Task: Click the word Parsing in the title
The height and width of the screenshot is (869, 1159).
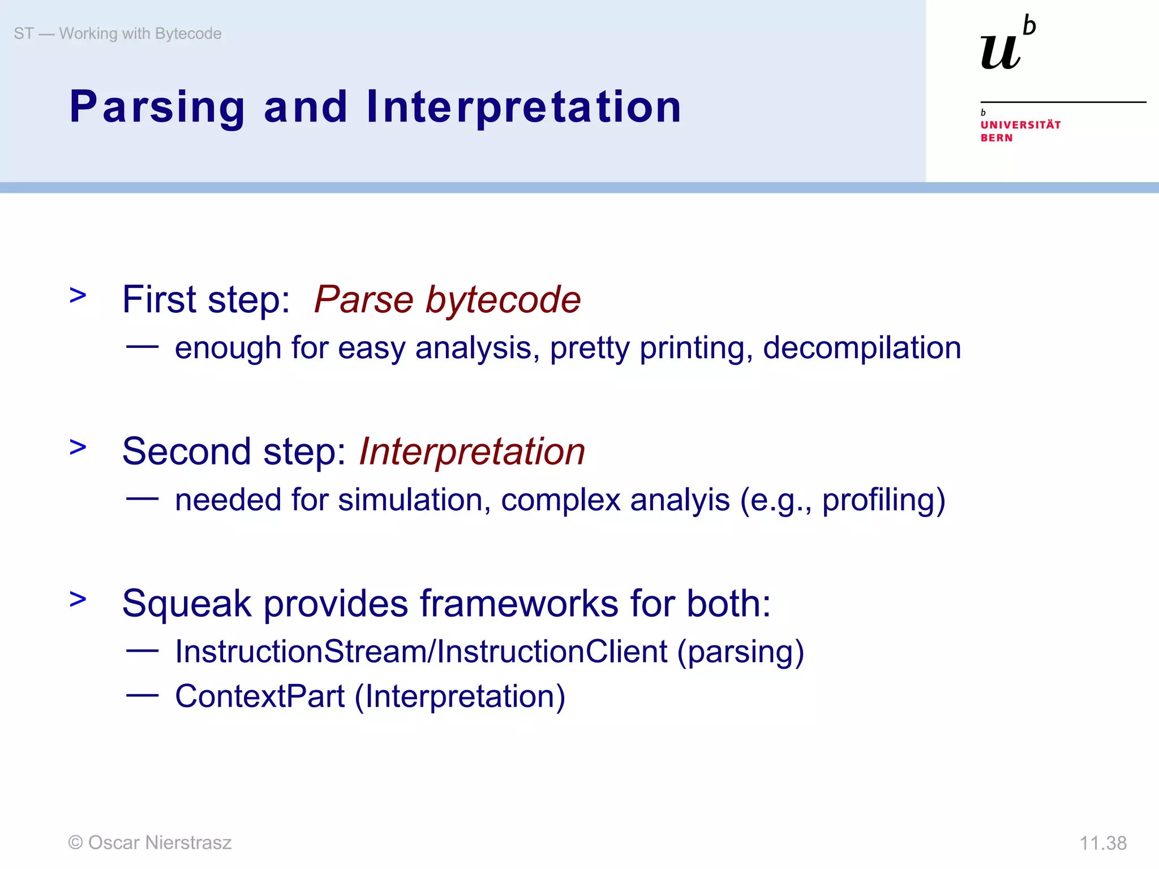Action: click(157, 107)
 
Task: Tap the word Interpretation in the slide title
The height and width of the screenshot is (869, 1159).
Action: click(523, 107)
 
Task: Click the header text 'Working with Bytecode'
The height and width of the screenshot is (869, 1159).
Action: click(140, 34)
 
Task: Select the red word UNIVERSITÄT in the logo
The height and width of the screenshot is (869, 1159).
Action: click(1020, 125)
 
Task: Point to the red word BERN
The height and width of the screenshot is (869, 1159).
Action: click(996, 138)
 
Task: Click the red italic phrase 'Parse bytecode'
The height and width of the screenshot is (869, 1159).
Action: click(447, 299)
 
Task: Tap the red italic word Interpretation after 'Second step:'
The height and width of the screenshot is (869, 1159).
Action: click(472, 451)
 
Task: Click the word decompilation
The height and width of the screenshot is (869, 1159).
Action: click(861, 347)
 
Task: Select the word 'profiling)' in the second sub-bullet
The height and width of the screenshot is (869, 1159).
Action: click(883, 500)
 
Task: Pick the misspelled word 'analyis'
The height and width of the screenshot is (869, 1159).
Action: click(679, 500)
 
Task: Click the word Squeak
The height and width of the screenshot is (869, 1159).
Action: click(186, 604)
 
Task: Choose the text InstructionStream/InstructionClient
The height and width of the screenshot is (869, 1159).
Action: click(421, 652)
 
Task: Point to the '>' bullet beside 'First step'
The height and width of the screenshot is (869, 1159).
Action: click(78, 295)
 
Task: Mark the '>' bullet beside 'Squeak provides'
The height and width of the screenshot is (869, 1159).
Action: click(78, 599)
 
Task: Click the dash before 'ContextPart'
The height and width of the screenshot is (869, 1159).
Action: click(142, 696)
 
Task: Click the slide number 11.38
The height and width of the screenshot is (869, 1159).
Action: click(1102, 843)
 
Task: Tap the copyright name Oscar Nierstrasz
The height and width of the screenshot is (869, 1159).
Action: click(160, 843)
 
